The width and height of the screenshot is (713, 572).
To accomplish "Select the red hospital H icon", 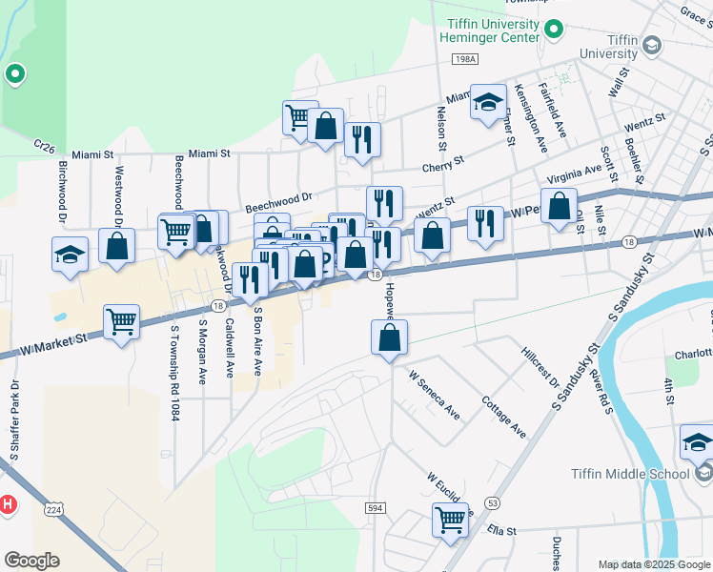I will (7, 503).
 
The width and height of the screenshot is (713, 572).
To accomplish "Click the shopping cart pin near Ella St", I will (451, 521).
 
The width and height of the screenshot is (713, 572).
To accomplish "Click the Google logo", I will (31, 561).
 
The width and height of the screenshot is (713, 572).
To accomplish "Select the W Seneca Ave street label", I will (435, 396).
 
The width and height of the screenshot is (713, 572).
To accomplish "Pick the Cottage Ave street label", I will (504, 417).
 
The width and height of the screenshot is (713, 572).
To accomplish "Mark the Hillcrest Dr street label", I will (540, 367).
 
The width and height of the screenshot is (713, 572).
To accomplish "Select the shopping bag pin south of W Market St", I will (389, 337).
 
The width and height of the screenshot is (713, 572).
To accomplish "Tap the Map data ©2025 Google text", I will (653, 564).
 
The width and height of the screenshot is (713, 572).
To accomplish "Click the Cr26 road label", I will (45, 145).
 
